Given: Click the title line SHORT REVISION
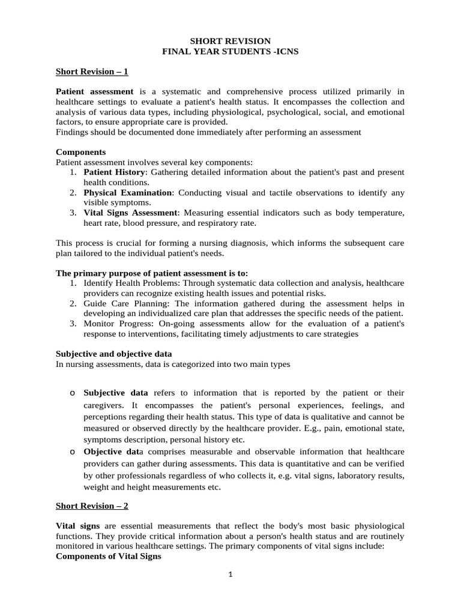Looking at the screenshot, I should point(230,41).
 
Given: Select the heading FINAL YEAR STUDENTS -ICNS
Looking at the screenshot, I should point(230,52).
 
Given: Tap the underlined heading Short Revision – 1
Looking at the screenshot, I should point(92,71).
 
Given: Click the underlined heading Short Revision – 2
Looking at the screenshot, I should point(92,506).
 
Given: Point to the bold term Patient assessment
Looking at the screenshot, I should point(94,91).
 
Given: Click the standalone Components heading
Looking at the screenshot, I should point(80,153).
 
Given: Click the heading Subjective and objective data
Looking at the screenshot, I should point(113,354).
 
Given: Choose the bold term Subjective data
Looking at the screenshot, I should point(116,393).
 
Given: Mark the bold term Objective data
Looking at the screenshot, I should point(113,451).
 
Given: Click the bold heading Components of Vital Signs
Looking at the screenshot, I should point(108,556).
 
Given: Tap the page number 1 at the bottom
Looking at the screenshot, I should point(230,575).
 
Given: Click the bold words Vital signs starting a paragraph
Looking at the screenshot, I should point(77,526).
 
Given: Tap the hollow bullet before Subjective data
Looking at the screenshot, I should point(72,393).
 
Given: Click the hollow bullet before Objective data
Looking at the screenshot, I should point(72,452).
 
